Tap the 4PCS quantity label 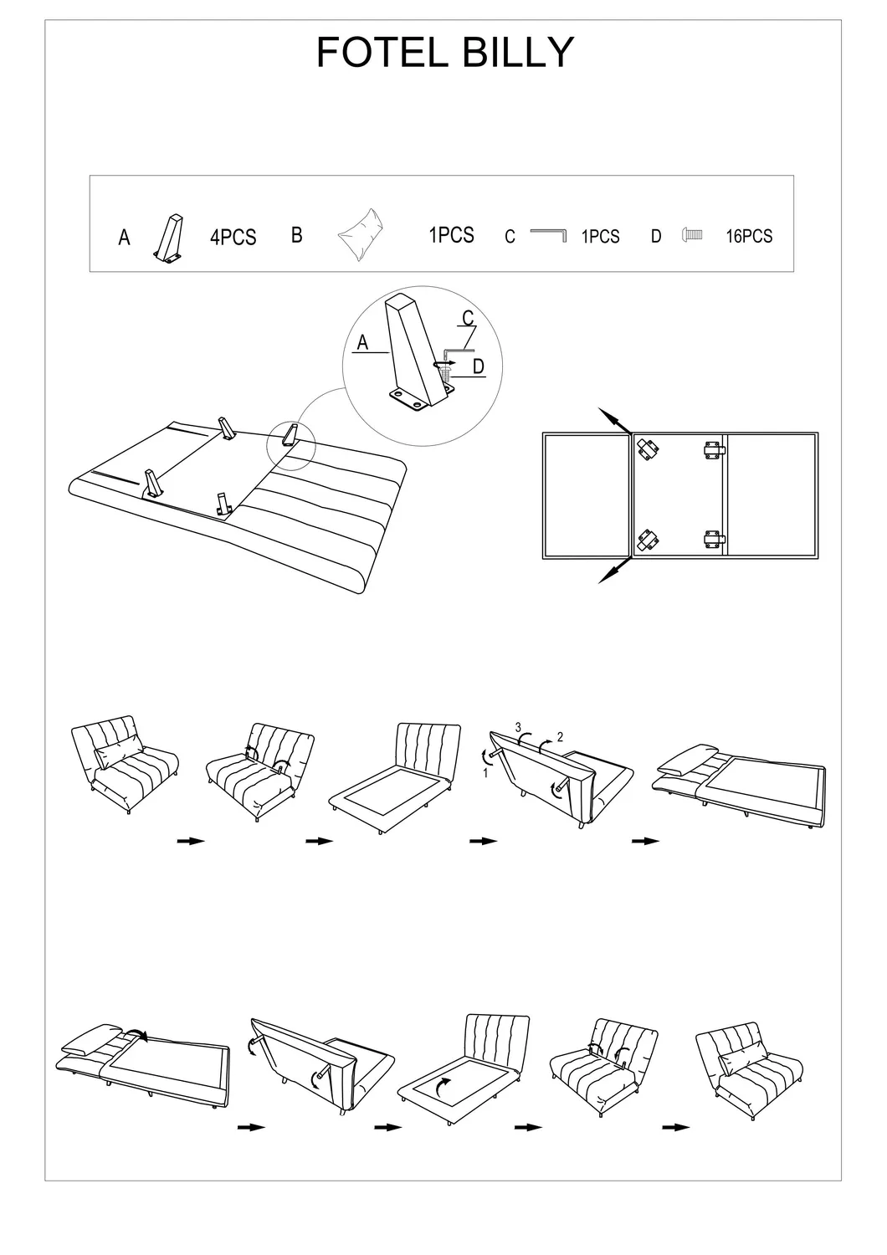point(233,238)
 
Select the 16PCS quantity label point(749,237)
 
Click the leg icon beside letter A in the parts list point(169,238)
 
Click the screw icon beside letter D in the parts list point(692,235)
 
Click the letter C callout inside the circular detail point(469,318)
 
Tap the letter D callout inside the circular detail point(479,366)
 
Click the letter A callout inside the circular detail point(362,342)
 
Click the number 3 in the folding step point(518,727)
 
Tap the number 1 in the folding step point(485,773)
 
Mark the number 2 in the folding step point(560,737)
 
